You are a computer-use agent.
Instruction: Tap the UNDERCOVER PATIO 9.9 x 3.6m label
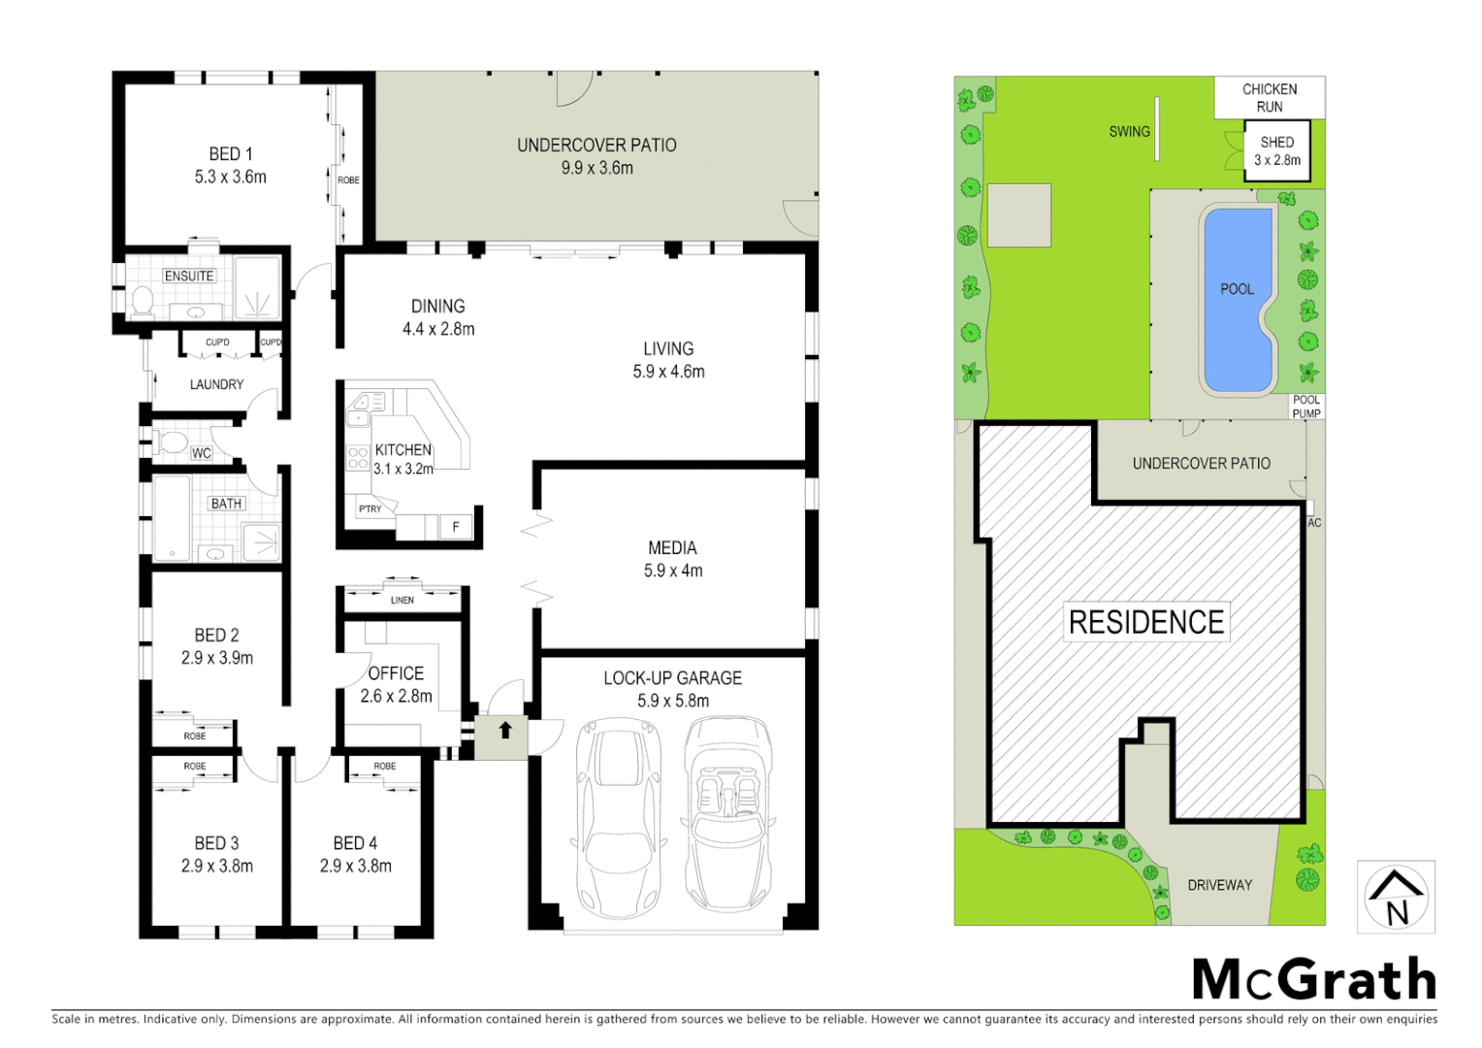596,156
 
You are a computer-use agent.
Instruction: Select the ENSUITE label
189,277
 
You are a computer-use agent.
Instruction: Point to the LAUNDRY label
216,385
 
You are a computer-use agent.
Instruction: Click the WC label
201,453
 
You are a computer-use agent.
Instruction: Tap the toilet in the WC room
171,443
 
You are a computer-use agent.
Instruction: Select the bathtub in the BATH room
172,518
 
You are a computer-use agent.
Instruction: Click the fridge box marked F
456,527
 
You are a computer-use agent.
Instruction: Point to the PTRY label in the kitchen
370,508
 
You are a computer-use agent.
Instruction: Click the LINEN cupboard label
403,601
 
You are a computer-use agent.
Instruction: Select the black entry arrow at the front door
505,731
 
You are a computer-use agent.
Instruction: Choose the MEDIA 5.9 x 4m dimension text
673,571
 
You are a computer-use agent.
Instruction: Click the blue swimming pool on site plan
1238,301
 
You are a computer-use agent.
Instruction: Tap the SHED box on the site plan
1277,151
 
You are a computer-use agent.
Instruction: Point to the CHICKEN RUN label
1270,98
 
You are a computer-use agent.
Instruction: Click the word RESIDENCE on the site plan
1146,622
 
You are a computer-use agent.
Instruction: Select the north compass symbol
1396,898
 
